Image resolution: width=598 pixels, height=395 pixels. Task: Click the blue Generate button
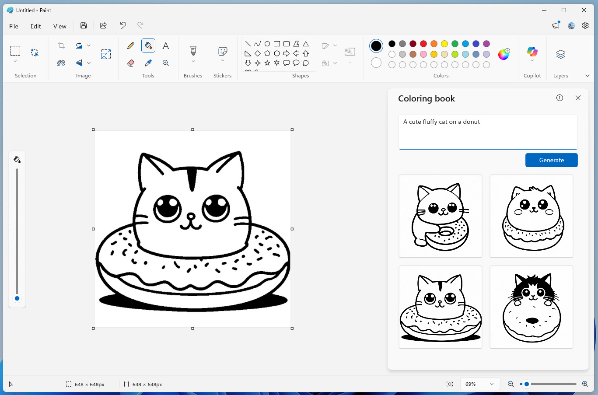(x=551, y=160)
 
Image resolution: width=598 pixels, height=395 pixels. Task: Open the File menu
(x=14, y=26)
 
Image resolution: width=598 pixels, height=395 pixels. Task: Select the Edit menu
(x=36, y=26)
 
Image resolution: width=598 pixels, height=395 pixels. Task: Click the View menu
(x=60, y=26)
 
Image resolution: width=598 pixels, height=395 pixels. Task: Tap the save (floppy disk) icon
(x=84, y=25)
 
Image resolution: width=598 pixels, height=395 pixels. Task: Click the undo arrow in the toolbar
(x=123, y=25)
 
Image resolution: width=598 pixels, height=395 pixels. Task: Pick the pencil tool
(x=131, y=45)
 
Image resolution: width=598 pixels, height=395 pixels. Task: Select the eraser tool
(x=131, y=63)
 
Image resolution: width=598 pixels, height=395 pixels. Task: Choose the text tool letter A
(x=166, y=45)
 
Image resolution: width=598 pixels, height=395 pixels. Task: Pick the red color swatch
(x=423, y=44)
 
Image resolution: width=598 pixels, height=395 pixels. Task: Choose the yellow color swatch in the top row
(x=444, y=44)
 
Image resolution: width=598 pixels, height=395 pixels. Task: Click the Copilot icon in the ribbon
(x=532, y=52)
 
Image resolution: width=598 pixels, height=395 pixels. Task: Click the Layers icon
(x=560, y=54)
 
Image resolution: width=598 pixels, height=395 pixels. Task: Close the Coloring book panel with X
(x=578, y=98)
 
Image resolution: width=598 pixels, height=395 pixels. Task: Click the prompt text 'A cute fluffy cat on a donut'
(x=441, y=122)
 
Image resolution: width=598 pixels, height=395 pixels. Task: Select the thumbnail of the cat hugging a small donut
(x=441, y=216)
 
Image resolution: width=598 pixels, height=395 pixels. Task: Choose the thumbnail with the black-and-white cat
(x=532, y=307)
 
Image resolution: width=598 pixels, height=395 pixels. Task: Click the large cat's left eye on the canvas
(x=168, y=207)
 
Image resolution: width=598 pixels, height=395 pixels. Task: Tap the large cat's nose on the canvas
(x=191, y=216)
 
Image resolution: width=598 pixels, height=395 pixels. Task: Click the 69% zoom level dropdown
(x=479, y=384)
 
